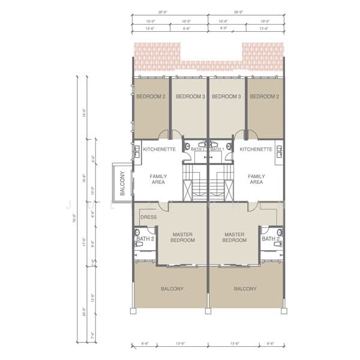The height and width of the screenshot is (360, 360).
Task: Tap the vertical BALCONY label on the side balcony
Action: (x=122, y=184)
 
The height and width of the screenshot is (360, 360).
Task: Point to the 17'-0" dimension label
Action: (x=84, y=244)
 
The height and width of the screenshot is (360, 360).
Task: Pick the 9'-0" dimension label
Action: (x=92, y=245)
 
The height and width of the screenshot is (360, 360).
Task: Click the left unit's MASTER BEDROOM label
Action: (x=182, y=237)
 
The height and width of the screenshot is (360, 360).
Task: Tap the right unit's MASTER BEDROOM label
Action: (x=234, y=237)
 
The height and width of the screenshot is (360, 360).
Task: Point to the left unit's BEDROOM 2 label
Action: (x=151, y=97)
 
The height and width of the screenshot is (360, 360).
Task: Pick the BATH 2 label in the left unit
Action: (x=145, y=239)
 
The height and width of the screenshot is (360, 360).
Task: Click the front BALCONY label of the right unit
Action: (x=245, y=289)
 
